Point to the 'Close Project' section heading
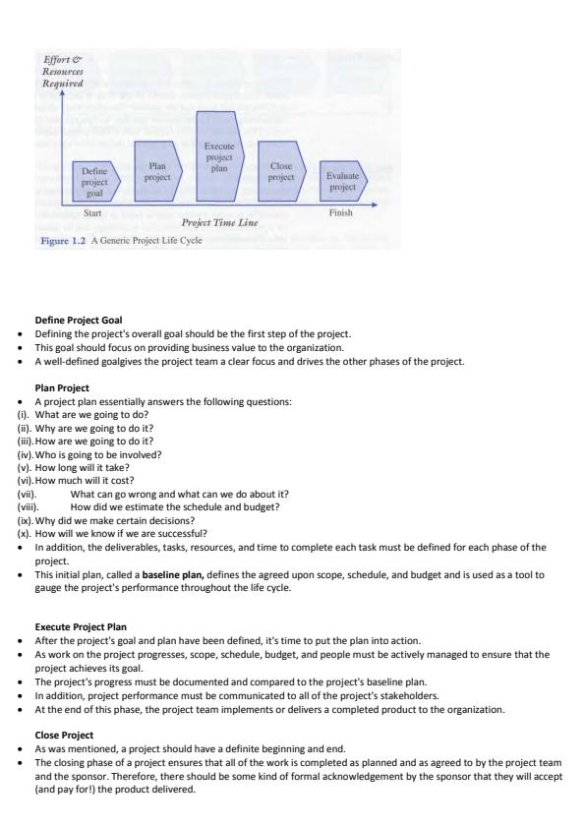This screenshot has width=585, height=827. [x=65, y=733]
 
